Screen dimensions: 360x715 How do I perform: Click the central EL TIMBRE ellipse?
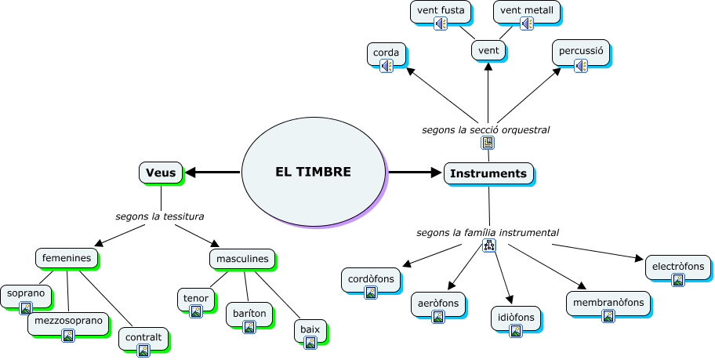[313, 172]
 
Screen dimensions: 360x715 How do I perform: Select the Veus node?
[160, 172]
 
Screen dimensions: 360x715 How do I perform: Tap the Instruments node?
[488, 173]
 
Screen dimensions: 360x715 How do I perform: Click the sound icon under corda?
[386, 67]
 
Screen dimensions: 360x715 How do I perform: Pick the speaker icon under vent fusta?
[441, 24]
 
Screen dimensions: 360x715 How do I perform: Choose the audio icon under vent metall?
[526, 24]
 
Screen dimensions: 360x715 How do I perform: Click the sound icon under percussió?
[580, 66]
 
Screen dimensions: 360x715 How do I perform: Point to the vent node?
[488, 51]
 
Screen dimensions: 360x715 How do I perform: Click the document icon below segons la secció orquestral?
[488, 143]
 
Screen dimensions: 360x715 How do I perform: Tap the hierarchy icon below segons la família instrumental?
[488, 246]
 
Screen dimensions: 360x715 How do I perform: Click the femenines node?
[67, 257]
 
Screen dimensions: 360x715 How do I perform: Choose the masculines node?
[242, 258]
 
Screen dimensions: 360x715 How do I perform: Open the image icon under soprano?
[26, 308]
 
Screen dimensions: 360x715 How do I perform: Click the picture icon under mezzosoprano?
[68, 335]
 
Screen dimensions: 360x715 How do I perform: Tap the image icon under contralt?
[143, 351]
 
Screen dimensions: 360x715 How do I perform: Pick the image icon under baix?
[310, 343]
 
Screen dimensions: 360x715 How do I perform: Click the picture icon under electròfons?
[677, 280]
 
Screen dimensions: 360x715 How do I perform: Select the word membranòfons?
[608, 303]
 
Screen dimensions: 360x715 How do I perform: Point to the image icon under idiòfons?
[515, 331]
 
